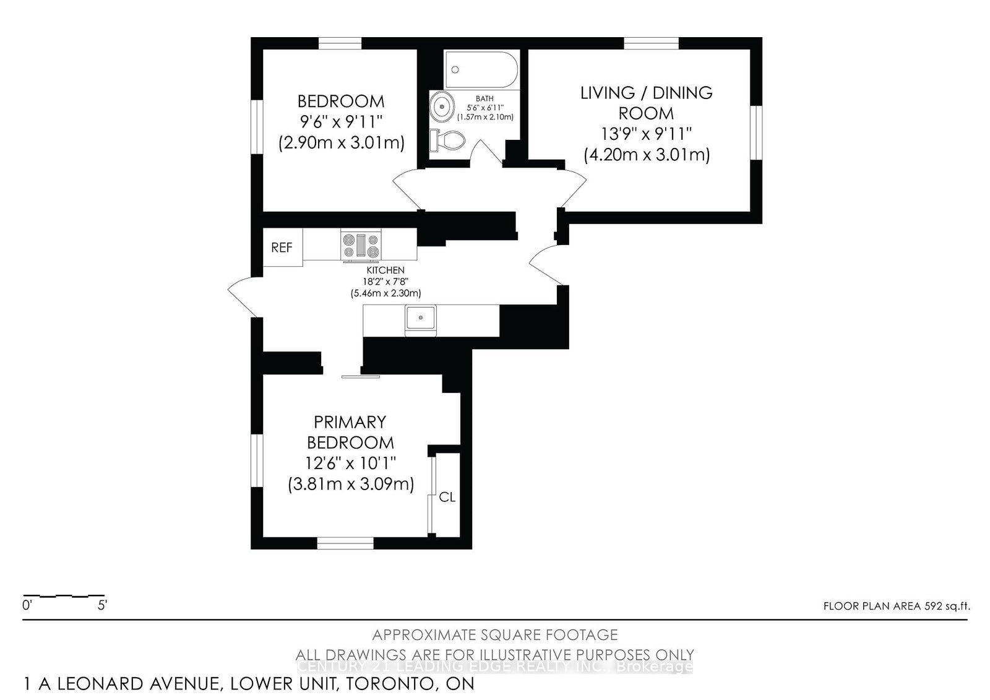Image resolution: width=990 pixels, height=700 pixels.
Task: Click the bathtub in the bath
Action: [x=481, y=69]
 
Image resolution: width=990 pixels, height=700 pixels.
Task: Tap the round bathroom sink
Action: [x=442, y=106]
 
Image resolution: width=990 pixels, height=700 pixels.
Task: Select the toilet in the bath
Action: [x=447, y=140]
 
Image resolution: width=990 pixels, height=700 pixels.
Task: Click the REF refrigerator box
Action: [x=282, y=248]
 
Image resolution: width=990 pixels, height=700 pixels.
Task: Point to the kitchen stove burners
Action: [x=361, y=244]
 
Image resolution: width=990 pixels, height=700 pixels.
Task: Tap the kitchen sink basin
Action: [x=421, y=319]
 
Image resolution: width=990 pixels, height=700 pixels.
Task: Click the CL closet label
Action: [x=447, y=497]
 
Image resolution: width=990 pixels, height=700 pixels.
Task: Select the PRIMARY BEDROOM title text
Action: [x=350, y=432]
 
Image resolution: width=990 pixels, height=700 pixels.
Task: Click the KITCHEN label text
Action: [x=385, y=270]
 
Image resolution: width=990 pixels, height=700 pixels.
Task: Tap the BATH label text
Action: [x=484, y=98]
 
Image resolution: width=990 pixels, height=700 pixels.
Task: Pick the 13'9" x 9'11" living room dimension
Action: [x=646, y=134]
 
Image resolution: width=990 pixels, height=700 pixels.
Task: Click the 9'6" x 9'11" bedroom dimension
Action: [x=341, y=122]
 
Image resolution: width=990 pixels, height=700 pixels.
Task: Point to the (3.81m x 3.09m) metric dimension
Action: [x=351, y=483]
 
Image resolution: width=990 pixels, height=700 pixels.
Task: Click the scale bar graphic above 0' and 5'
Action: [x=62, y=596]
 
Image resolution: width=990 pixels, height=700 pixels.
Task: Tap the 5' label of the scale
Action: [x=102, y=606]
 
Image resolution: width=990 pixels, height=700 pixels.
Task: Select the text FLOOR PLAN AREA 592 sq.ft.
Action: [x=896, y=606]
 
